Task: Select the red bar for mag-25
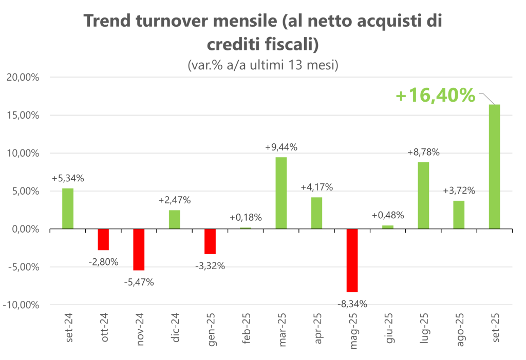[x=352, y=260]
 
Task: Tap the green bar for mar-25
[x=281, y=193]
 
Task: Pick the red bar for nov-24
[x=139, y=250]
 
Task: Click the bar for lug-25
[x=423, y=196]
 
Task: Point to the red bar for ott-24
[x=103, y=239]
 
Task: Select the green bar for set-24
[x=68, y=209]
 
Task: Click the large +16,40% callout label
[x=436, y=95]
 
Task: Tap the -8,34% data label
[x=352, y=304]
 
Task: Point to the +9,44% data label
[x=281, y=147]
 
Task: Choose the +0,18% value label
[x=246, y=218]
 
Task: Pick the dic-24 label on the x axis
[x=175, y=329]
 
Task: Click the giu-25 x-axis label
[x=388, y=329]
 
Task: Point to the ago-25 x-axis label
[x=459, y=329]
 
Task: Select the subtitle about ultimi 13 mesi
[x=262, y=66]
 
